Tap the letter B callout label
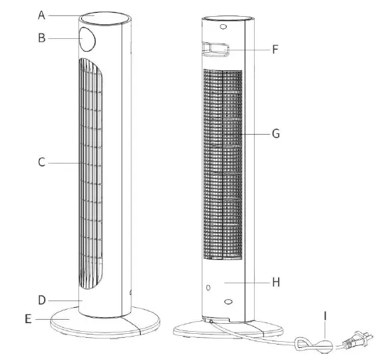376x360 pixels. (x=41, y=38)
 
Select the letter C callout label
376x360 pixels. (x=41, y=162)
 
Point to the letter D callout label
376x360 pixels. (x=41, y=300)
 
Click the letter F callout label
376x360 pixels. (x=275, y=49)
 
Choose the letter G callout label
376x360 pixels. (x=275, y=133)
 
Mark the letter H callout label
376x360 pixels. (x=275, y=282)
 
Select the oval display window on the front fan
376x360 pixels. (x=87, y=40)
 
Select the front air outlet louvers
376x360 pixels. (x=90, y=174)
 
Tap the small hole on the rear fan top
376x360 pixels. (x=223, y=27)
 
